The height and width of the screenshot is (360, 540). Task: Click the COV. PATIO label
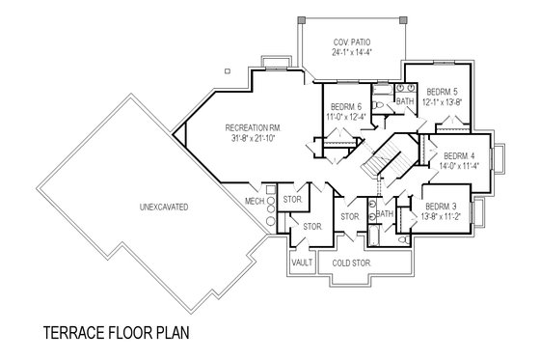pos(352,42)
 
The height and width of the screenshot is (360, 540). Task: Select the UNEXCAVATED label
pos(162,208)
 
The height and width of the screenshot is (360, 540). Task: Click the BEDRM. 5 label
pos(443,91)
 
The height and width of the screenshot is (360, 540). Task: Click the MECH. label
pos(255,201)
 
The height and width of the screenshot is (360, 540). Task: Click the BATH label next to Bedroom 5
pos(405,99)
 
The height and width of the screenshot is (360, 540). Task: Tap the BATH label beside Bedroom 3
pos(385,214)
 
